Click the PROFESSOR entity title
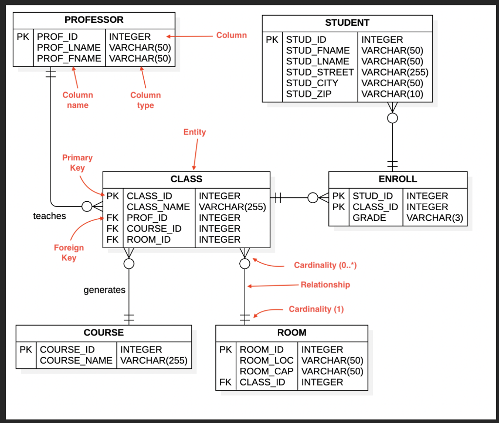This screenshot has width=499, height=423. point(94,20)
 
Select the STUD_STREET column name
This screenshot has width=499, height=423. point(319,72)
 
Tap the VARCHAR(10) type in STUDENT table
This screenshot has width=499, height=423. point(392,94)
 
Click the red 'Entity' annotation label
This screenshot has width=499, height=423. point(194,132)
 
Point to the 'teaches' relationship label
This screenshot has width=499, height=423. point(49,216)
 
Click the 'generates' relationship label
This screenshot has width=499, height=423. point(104,290)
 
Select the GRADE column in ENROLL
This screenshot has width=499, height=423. point(369,218)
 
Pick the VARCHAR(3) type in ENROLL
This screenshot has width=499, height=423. point(435,218)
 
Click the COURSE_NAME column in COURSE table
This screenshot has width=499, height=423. point(76,361)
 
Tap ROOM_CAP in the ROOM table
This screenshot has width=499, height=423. point(266,371)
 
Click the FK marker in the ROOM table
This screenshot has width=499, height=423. point(225,382)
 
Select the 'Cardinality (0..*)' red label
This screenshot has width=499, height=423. point(326,266)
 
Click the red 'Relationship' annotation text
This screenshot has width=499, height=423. point(325,285)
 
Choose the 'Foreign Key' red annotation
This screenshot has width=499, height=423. point(69,252)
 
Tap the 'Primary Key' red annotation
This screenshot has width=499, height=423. point(77,163)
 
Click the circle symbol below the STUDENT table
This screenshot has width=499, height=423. point(392,118)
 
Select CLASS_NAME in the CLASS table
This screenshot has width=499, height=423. point(158,207)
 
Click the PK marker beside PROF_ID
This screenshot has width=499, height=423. point(22,37)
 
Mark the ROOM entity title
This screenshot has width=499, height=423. point(291,333)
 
